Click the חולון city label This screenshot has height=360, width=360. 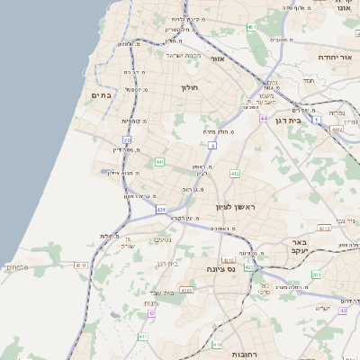pos(189,87)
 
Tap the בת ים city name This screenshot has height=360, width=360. pos(102,94)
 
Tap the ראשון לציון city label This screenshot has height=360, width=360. pos(237,208)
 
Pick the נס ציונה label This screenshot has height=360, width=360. pos(220,269)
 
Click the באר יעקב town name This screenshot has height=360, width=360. pos(300,247)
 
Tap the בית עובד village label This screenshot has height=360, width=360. pos(168,292)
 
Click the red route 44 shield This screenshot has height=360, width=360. pos(264,118)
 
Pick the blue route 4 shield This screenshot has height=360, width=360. pos(212,144)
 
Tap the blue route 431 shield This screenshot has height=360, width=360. pos(161,210)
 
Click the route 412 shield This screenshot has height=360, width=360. pos(235,173)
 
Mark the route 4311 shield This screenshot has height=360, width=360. pos(81,265)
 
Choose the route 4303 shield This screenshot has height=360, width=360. pos(186,290)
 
